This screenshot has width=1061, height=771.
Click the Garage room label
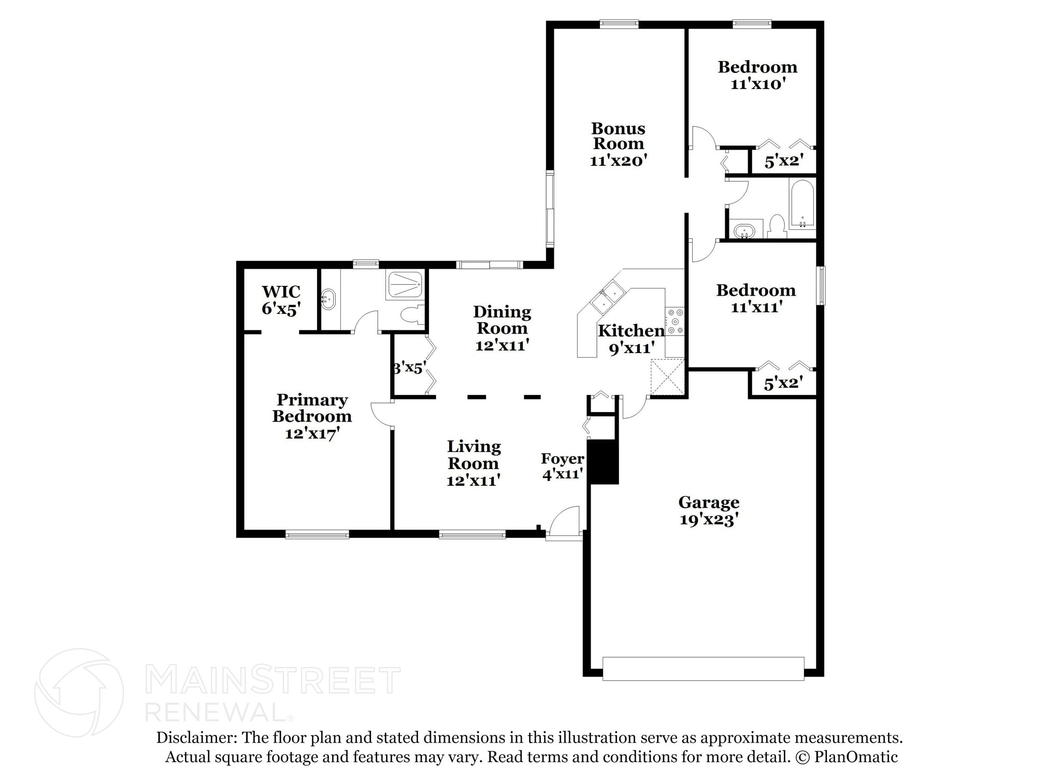click(708, 502)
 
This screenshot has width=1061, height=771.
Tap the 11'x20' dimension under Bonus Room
click(618, 161)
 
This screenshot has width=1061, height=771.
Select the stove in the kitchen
click(675, 321)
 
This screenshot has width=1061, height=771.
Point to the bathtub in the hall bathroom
click(802, 204)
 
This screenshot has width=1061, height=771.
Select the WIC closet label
click(281, 292)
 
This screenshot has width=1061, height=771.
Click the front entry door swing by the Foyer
click(564, 521)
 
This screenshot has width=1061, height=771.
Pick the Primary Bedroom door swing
click(381, 414)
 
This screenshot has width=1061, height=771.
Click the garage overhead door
click(703, 668)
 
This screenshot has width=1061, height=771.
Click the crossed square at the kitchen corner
click(667, 377)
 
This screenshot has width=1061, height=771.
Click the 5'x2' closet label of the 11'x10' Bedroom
click(783, 162)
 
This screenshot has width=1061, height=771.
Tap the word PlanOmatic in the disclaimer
click(855, 757)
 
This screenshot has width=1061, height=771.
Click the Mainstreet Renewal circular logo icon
click(79, 692)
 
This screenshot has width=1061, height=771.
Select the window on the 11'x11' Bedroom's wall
click(821, 285)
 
